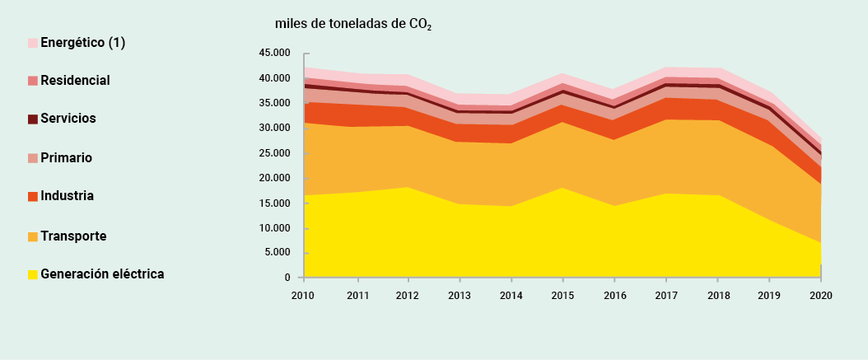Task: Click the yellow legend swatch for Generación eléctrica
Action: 33,274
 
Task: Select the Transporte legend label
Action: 73,236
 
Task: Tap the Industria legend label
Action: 67,196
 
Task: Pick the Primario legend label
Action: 66,157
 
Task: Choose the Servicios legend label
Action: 68,119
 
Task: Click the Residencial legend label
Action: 75,80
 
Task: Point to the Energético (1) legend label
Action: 82,42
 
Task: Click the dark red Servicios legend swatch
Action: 33,119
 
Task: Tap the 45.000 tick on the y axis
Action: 274,54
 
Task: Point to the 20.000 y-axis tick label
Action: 274,178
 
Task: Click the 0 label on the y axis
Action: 287,278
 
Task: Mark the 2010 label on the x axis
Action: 304,294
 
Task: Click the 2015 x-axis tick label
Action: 562,294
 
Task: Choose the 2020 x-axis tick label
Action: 820,294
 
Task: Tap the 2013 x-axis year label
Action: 459,294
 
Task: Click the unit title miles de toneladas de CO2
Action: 353,24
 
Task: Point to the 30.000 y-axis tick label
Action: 274,129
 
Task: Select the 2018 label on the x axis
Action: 717,294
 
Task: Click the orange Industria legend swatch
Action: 33,197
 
